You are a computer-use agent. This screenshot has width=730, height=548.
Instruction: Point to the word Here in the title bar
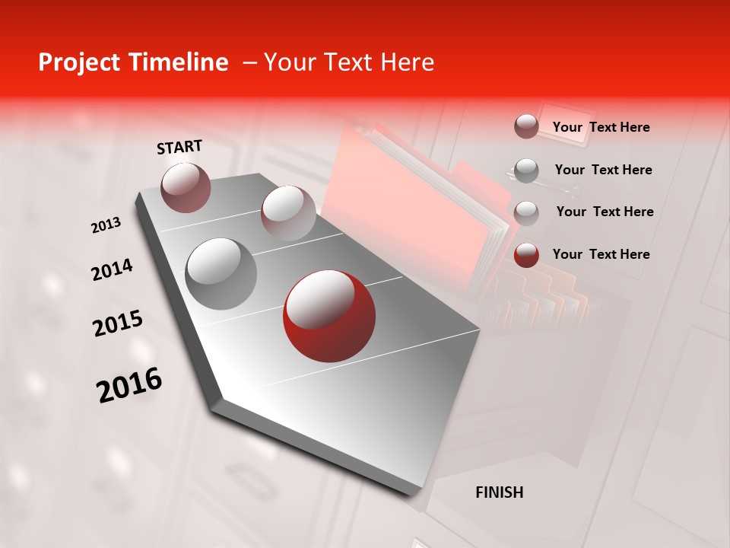tap(406, 62)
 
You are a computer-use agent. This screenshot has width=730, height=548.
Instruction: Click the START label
tap(179, 147)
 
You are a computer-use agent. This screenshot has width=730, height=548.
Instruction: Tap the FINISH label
tap(499, 492)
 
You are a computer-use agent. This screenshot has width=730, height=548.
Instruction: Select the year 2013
tap(106, 225)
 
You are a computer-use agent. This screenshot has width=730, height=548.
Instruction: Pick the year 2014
tap(112, 270)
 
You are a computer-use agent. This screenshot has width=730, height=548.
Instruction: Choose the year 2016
tap(129, 385)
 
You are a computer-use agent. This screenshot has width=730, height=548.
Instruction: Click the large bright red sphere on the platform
tap(328, 316)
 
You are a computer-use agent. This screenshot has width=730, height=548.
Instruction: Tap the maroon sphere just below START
tap(186, 187)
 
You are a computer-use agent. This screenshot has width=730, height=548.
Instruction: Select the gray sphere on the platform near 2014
tap(221, 273)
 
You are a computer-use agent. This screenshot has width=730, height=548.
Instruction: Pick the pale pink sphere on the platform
tap(287, 213)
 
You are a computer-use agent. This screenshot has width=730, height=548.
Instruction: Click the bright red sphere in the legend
tap(526, 255)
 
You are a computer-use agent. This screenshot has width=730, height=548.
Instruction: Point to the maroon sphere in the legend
tap(526, 126)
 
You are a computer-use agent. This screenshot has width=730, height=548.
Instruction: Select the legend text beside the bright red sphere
tap(601, 254)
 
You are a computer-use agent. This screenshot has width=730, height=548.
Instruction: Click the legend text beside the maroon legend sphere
tap(601, 127)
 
